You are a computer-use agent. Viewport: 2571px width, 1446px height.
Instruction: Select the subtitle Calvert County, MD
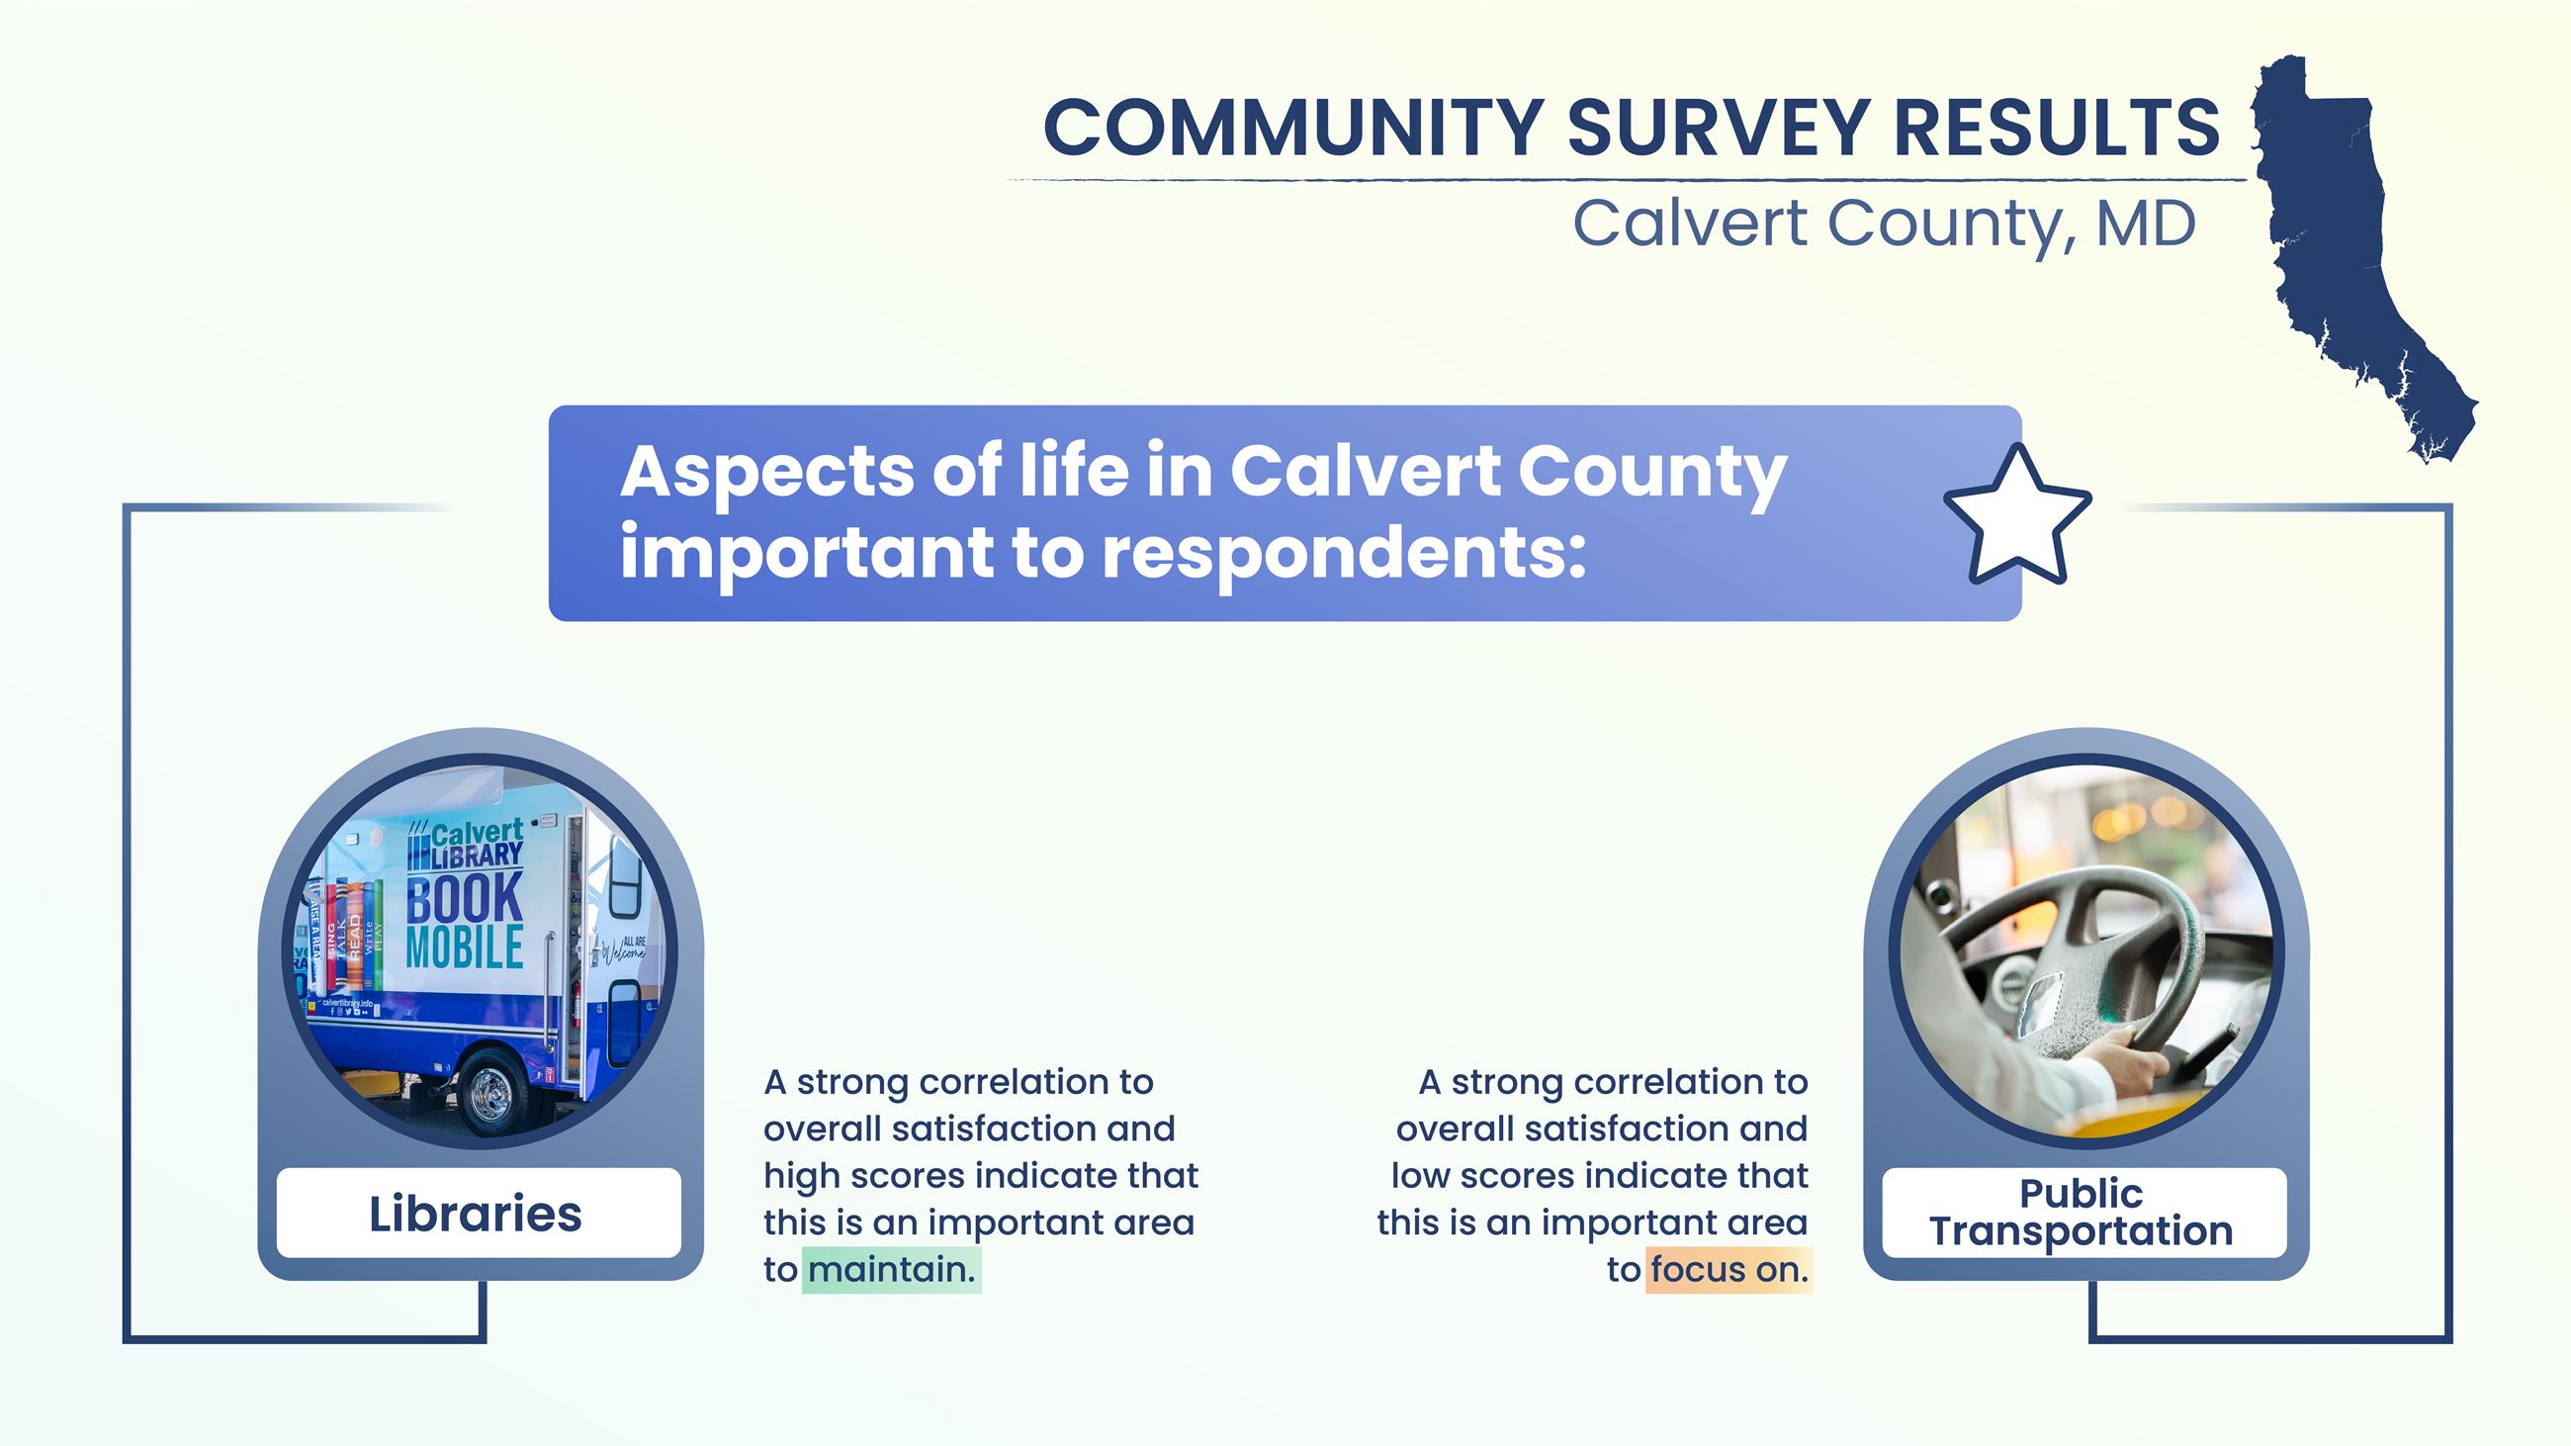click(1885, 224)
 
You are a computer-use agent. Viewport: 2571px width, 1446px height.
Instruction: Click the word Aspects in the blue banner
click(765, 471)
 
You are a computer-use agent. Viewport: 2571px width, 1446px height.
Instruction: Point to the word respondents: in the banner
click(1344, 553)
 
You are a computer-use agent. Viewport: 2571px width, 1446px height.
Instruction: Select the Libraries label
click(476, 1214)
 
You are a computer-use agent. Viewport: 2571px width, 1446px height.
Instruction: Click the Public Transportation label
click(2082, 1213)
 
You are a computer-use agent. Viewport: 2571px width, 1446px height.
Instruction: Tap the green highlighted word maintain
click(891, 1269)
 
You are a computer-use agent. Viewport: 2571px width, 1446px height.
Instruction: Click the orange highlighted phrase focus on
click(1729, 1269)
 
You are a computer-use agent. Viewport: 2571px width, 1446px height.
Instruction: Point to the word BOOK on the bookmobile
click(464, 897)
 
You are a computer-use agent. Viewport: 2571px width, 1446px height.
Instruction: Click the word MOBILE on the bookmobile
click(464, 948)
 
